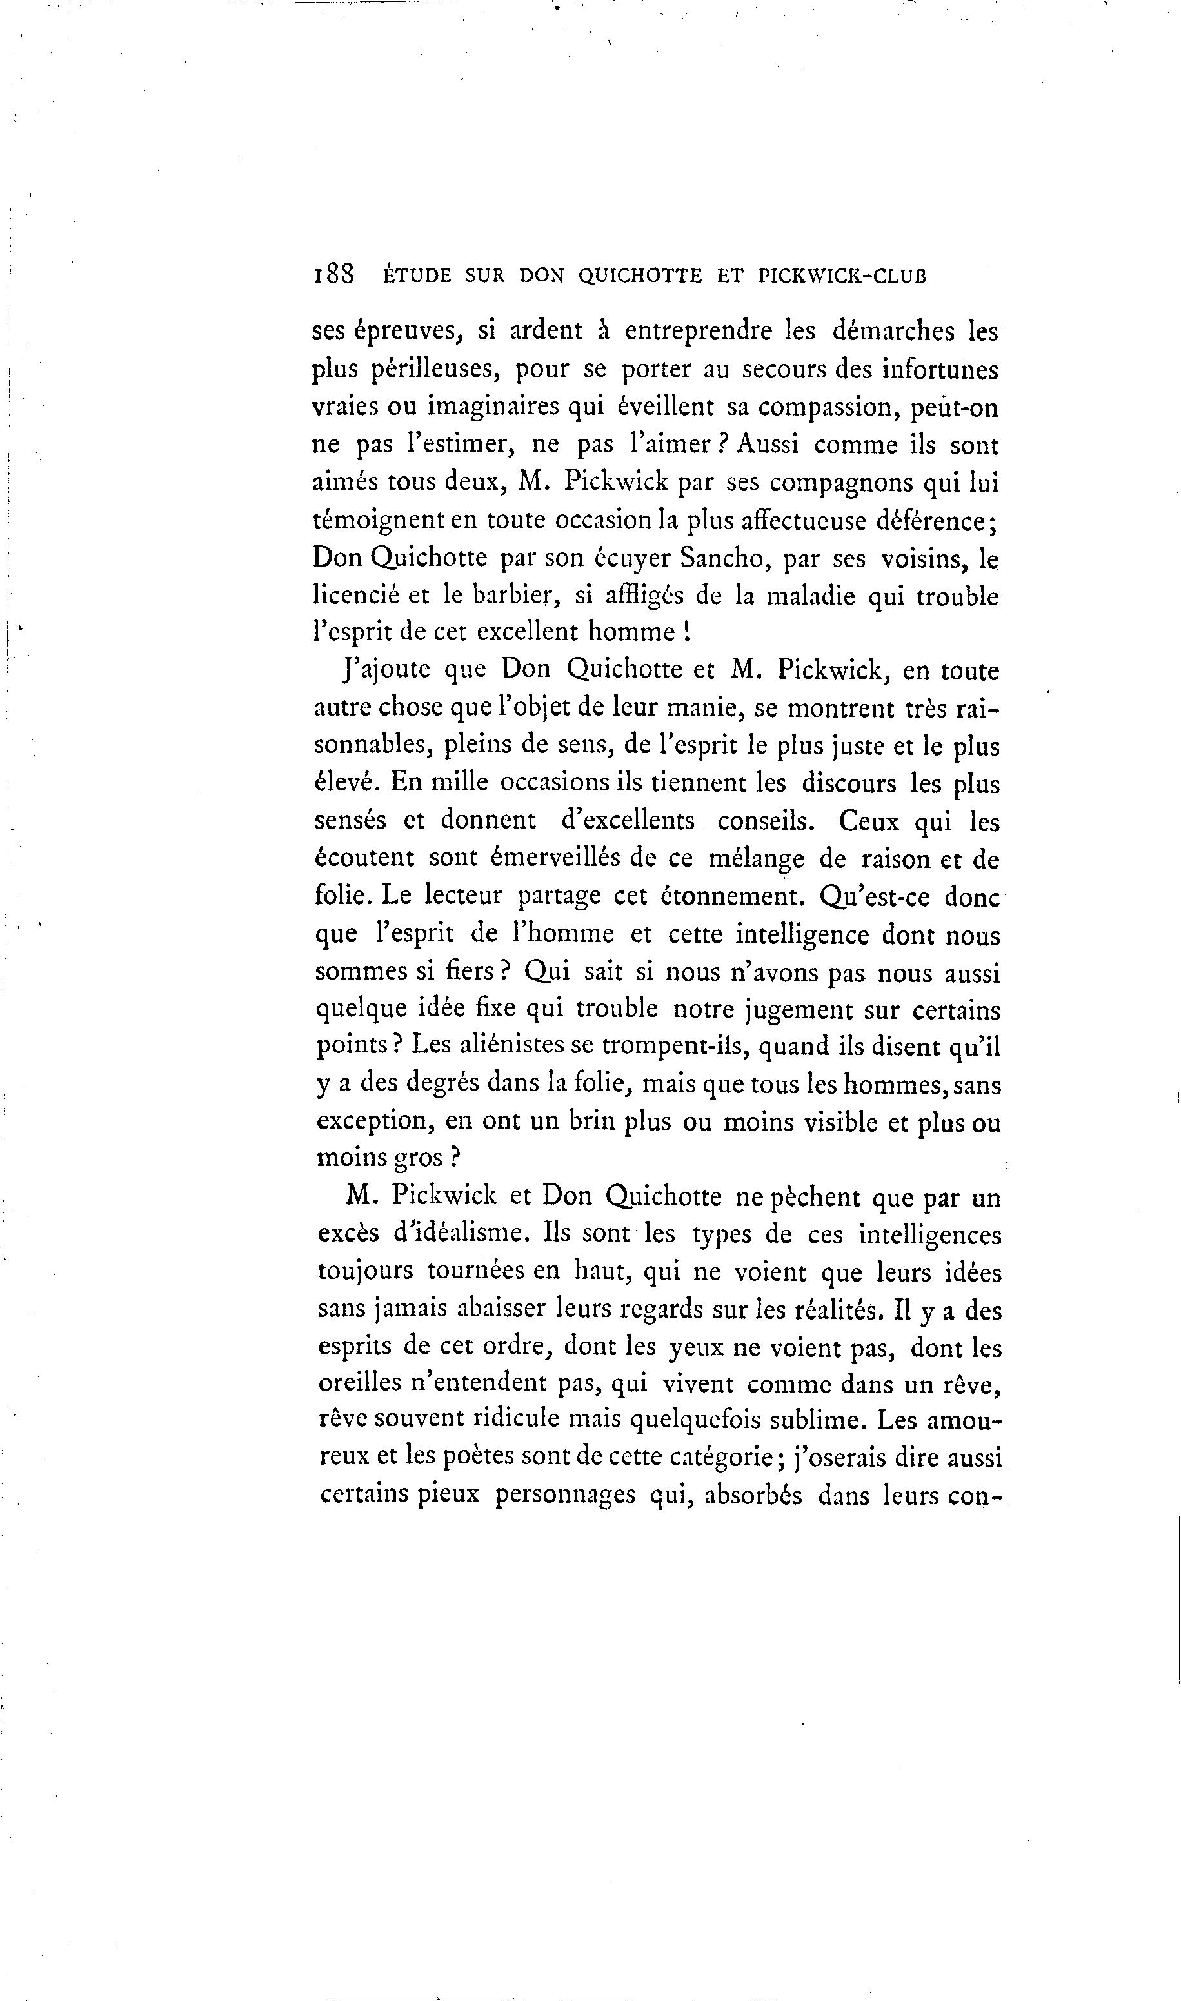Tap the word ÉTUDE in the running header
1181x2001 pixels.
[417, 276]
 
